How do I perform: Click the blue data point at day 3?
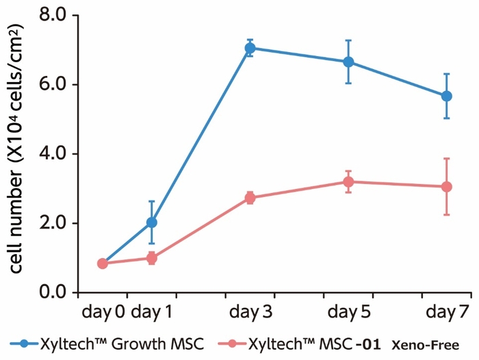tap(250, 48)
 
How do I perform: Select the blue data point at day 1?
tap(151, 222)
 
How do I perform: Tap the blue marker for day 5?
tap(348, 62)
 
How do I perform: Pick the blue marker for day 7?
tap(447, 96)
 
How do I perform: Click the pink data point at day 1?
tap(151, 258)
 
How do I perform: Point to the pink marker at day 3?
tap(250, 198)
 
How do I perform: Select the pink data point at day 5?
tap(348, 182)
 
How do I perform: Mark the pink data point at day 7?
tap(447, 187)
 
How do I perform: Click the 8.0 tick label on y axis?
tap(55, 14)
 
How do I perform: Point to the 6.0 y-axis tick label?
tap(55, 84)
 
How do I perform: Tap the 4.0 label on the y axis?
tap(55, 153)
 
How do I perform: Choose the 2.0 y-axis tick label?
tap(55, 223)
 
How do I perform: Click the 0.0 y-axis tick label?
tap(55, 293)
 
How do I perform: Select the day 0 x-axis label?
tap(103, 313)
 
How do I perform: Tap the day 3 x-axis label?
tap(250, 313)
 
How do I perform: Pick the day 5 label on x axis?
tap(348, 313)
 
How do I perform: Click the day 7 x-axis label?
tap(447, 313)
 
